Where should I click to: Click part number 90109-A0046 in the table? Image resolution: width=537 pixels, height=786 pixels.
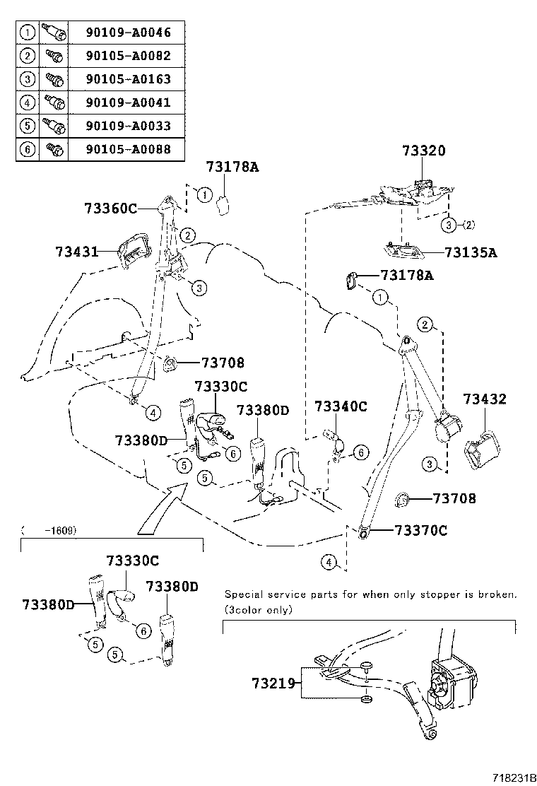[x=128, y=33]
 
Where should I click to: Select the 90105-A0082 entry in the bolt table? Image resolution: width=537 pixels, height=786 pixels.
[x=128, y=56]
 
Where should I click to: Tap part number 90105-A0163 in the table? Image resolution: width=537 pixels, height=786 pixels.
[x=128, y=79]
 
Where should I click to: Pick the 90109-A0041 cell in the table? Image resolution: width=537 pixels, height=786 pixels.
[x=128, y=102]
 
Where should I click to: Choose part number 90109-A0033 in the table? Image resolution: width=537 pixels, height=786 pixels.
[x=128, y=126]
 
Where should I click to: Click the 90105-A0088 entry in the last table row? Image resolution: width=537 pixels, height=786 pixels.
[x=128, y=149]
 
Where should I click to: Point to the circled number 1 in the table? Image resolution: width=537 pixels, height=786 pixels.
[x=27, y=33]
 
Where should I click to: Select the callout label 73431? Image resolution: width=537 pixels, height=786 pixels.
[x=77, y=252]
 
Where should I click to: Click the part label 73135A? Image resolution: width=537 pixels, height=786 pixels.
[x=471, y=252]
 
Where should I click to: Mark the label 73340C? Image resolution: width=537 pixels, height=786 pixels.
[x=341, y=406]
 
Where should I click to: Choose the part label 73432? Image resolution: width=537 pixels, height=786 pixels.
[x=485, y=399]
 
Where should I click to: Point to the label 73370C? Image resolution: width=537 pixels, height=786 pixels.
[x=420, y=531]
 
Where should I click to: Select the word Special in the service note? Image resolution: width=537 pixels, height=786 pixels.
[x=244, y=594]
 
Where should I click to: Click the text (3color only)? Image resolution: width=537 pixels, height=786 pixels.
[x=258, y=609]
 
